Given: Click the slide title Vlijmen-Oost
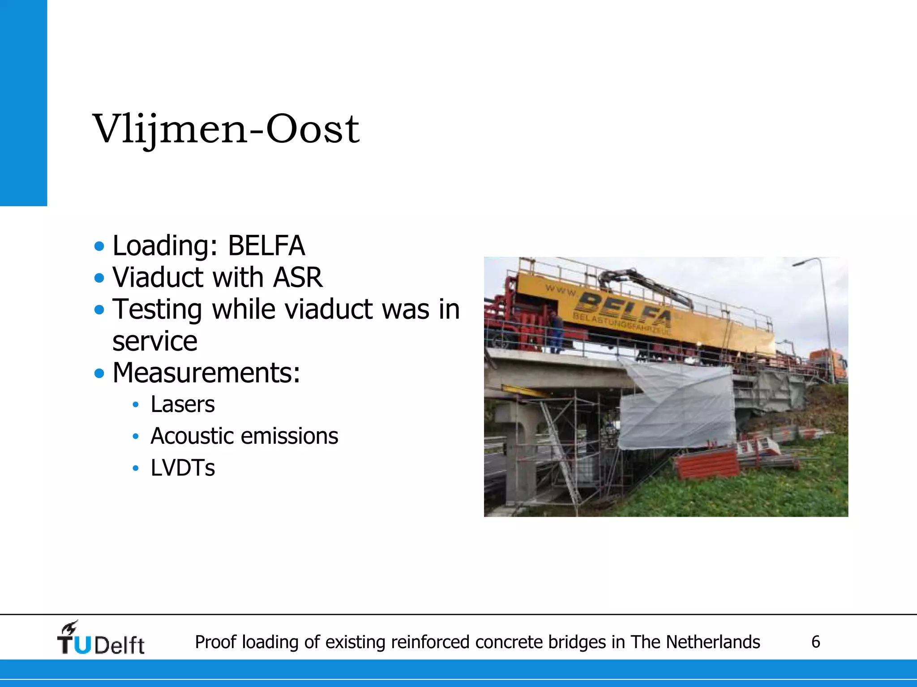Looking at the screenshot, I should [226, 129].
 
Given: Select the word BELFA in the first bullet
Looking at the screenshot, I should [266, 246].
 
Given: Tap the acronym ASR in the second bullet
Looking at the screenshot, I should [298, 277].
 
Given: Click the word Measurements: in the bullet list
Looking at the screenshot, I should [206, 373].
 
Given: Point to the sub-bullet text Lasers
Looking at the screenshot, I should [183, 404].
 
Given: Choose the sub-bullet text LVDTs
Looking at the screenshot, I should [183, 468].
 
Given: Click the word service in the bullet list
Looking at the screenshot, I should [155, 341].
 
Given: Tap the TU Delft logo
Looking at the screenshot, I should [101, 639].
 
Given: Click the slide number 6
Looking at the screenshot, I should [816, 642].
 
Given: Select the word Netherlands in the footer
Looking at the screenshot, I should [713, 642].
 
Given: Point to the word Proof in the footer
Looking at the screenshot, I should [215, 642].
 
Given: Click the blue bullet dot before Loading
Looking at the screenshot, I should [99, 246].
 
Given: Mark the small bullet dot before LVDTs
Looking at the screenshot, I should [136, 468].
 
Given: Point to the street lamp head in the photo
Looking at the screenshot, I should [801, 263].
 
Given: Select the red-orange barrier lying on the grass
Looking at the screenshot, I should [707, 463].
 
